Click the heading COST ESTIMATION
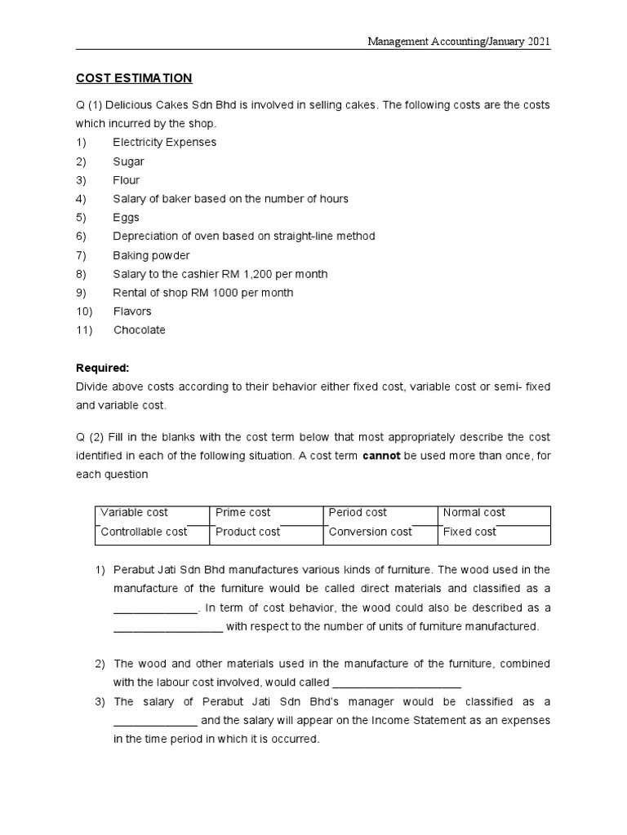[134, 78]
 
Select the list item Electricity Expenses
[164, 142]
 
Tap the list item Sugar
[128, 161]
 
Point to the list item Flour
[126, 180]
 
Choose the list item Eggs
[126, 218]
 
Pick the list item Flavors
[132, 311]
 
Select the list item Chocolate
[139, 330]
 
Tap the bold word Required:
[103, 368]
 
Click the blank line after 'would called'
[398, 683]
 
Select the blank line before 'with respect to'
[167, 628]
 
